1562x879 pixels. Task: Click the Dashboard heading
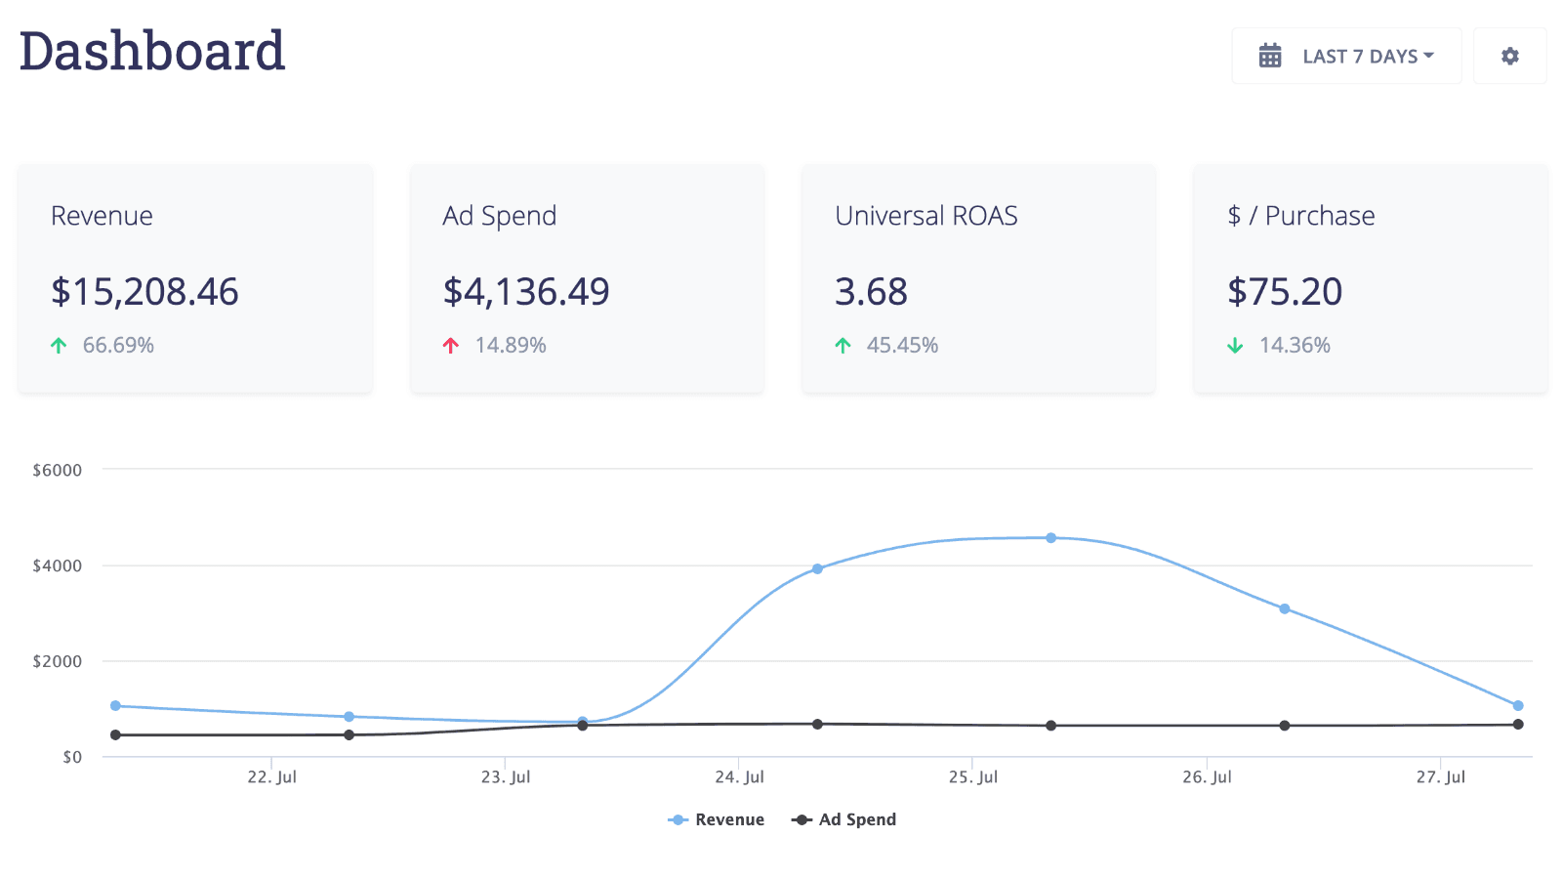152,51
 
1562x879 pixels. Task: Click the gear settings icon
1509,57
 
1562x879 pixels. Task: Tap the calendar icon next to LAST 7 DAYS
1269,56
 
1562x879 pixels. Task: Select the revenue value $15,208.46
144,291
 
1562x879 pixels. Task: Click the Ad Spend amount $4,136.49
526,291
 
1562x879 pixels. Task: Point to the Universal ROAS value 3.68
871,291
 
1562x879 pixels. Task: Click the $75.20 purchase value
1285,291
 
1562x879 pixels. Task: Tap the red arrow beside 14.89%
451,346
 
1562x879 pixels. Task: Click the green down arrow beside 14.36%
1235,346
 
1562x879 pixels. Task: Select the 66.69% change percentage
118,346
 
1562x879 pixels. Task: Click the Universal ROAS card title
925,216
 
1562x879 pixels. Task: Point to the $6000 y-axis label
58,470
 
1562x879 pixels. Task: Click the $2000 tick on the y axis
58,661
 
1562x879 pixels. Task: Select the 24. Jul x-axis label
739,777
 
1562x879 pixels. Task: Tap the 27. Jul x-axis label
1440,777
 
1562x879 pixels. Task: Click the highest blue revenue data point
1050,538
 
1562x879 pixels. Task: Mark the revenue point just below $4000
817,568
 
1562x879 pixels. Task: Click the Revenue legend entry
717,820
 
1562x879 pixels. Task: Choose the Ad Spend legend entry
844,820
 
